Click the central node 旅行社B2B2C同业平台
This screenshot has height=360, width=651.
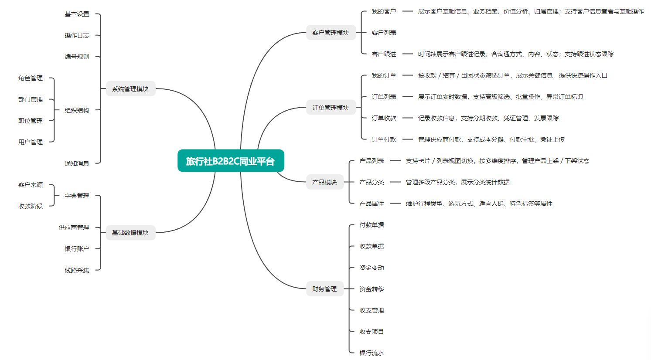[x=231, y=161]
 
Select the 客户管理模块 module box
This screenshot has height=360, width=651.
[x=331, y=33]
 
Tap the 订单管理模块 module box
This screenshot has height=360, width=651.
[x=331, y=108]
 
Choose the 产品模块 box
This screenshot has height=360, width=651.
[x=324, y=182]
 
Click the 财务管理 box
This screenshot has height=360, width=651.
[x=324, y=289]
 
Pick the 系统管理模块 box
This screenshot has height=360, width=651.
[x=130, y=89]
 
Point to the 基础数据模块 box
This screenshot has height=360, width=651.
[x=130, y=233]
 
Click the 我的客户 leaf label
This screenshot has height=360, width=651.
[x=384, y=11]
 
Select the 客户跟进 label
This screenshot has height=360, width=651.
[x=384, y=54]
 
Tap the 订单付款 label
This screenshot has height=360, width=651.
[x=384, y=139]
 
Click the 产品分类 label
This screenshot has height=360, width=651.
[x=372, y=182]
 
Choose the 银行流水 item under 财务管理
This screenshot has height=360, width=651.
[x=372, y=353]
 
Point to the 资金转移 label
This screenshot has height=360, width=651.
[x=372, y=289]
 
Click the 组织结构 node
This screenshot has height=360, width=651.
[x=77, y=110]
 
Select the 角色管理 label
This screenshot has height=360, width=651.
[x=31, y=78]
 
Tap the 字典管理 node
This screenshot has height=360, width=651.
[x=77, y=196]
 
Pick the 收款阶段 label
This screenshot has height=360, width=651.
[x=31, y=206]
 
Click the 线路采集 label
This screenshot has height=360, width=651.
[x=77, y=270]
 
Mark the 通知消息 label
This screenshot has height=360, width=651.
[x=77, y=163]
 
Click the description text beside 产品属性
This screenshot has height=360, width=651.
[x=479, y=204]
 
